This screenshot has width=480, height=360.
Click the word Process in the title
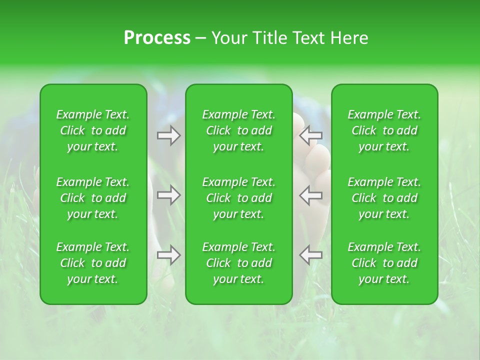(x=157, y=38)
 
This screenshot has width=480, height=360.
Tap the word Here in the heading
(x=349, y=38)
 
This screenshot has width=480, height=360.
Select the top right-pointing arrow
(x=168, y=135)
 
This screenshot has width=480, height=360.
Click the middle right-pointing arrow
(x=168, y=195)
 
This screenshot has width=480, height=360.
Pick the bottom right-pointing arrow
(x=168, y=255)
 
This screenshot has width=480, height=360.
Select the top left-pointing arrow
(x=310, y=135)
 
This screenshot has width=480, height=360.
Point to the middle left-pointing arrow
(x=310, y=195)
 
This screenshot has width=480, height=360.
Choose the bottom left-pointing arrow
(x=310, y=255)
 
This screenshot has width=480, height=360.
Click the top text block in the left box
(x=93, y=130)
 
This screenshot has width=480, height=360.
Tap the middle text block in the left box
(x=93, y=198)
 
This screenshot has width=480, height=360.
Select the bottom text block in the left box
(x=93, y=263)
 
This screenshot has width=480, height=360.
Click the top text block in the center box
(x=238, y=130)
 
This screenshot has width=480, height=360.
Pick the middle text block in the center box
(x=238, y=198)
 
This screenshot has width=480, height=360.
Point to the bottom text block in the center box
(x=238, y=263)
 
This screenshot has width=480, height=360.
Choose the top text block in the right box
(x=384, y=130)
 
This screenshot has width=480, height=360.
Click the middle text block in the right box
(x=384, y=198)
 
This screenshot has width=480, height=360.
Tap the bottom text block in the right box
(x=384, y=263)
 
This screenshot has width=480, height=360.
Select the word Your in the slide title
(x=229, y=38)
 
